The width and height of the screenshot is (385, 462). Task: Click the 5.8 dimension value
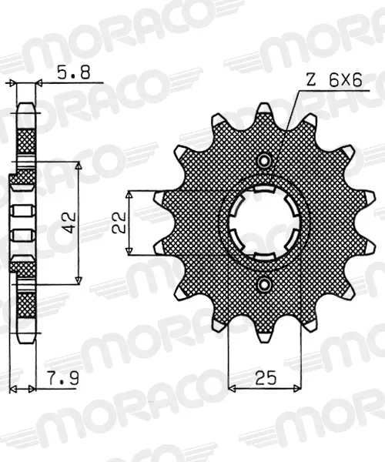tap(73, 72)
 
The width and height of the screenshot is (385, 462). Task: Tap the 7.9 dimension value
tap(63, 378)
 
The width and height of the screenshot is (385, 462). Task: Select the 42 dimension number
tap(70, 223)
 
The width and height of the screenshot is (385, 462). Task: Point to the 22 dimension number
tap(119, 223)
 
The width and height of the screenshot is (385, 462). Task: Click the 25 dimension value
tap(266, 378)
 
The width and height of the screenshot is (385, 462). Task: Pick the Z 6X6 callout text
tap(333, 80)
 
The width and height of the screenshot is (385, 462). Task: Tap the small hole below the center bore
tap(265, 284)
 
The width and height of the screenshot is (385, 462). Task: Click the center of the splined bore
tap(265, 223)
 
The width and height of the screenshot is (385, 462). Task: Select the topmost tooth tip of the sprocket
tap(264, 104)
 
